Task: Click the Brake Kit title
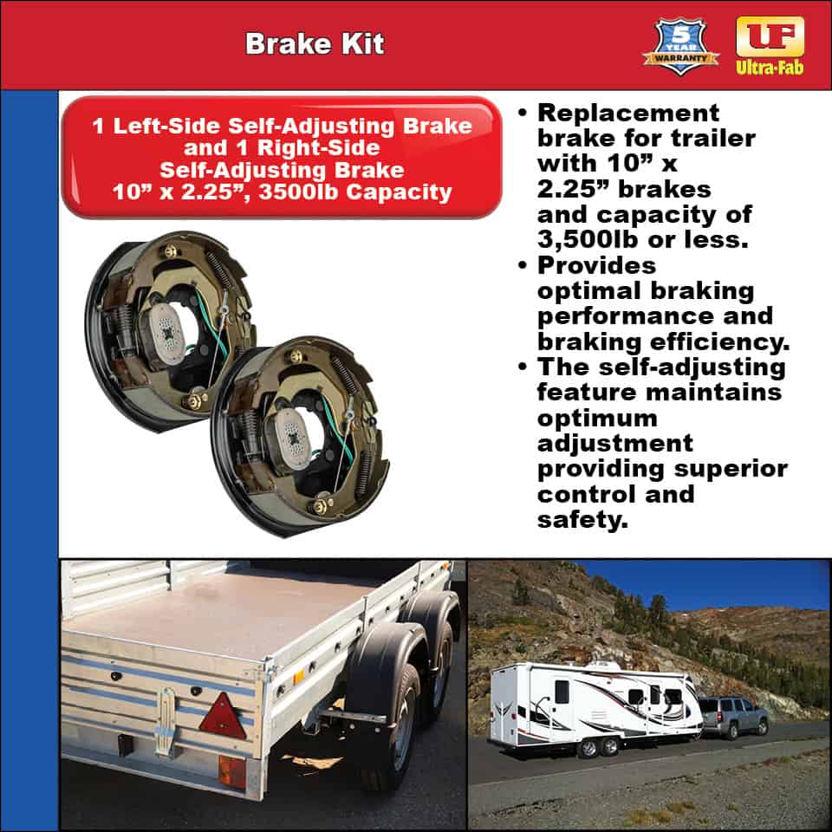314,44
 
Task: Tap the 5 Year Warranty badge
680,46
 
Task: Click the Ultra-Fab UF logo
770,43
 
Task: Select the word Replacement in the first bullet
628,113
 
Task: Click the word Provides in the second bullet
596,264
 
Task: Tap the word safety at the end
580,520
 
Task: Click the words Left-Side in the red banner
165,126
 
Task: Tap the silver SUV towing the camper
735,715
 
